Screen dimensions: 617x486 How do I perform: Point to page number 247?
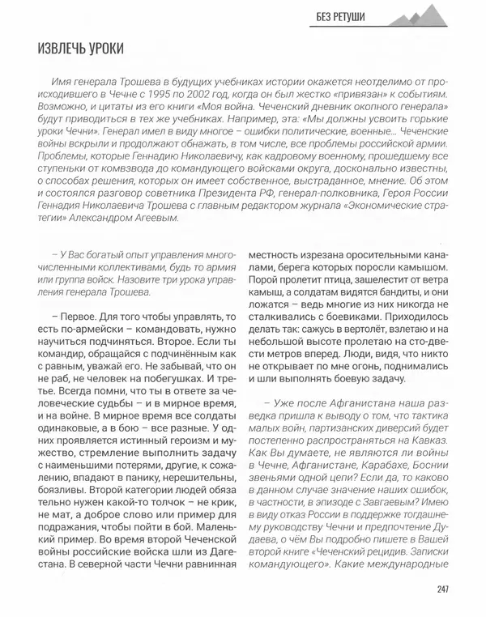(441, 588)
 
